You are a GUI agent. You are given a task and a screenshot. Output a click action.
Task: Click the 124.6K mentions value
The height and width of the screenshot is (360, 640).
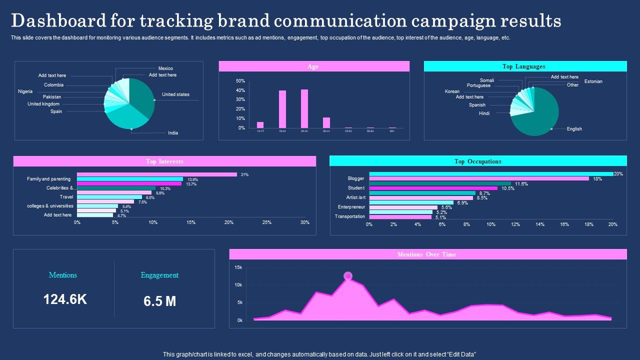pyautogui.click(x=65, y=299)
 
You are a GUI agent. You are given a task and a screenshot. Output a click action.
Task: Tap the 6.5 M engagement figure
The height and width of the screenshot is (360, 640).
pyautogui.click(x=159, y=301)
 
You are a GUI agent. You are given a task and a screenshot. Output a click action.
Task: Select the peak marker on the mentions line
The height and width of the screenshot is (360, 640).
pyautogui.click(x=348, y=276)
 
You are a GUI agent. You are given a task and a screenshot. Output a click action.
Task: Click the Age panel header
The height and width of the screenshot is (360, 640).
pyautogui.click(x=313, y=66)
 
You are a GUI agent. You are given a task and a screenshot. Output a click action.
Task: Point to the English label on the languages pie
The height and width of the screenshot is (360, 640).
pyautogui.click(x=574, y=129)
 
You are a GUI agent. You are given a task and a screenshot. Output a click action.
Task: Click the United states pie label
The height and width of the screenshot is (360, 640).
pyautogui.click(x=175, y=94)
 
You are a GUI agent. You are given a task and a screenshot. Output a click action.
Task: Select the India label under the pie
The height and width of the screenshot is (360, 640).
pyautogui.click(x=172, y=133)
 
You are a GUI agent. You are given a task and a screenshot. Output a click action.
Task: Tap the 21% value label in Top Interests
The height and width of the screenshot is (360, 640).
pyautogui.click(x=244, y=174)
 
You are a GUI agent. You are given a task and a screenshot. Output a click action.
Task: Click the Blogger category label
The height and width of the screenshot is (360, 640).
pyautogui.click(x=356, y=178)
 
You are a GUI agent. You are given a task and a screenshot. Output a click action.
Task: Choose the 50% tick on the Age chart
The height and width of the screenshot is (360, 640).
pyautogui.click(x=240, y=81)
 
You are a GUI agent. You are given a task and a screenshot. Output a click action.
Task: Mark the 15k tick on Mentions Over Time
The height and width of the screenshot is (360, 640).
pyautogui.click(x=238, y=267)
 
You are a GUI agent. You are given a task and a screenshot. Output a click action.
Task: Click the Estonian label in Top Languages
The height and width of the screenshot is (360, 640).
pyautogui.click(x=593, y=81)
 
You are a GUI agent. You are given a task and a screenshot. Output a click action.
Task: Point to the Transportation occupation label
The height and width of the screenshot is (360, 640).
pyautogui.click(x=349, y=216)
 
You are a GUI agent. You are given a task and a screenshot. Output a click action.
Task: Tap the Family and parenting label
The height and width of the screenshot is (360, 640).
pyautogui.click(x=48, y=179)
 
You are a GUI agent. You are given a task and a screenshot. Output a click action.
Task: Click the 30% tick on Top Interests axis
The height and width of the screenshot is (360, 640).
pyautogui.click(x=305, y=222)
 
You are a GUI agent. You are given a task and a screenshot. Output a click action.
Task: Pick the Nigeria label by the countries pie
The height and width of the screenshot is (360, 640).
pyautogui.click(x=25, y=91)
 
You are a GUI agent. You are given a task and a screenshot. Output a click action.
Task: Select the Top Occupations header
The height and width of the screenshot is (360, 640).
pyautogui.click(x=477, y=161)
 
